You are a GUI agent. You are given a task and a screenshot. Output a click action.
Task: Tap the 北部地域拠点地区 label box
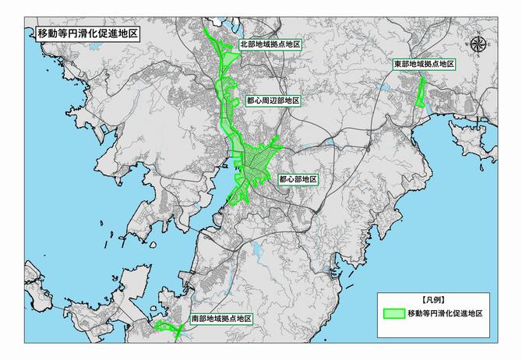point(271,45)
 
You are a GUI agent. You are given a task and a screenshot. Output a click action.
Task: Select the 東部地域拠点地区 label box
point(424,63)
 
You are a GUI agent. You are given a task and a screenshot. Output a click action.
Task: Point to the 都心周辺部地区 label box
point(273,101)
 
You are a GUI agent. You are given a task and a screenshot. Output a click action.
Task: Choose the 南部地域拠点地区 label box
point(221,319)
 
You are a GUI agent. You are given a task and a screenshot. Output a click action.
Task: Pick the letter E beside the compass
point(488,45)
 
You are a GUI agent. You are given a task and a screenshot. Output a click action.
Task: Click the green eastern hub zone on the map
point(421,92)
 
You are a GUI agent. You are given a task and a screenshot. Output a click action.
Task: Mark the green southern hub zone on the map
point(168,328)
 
